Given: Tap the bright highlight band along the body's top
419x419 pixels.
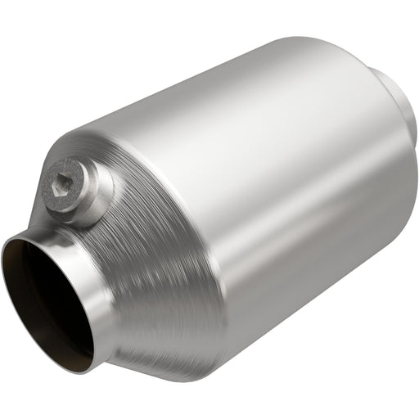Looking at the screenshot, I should [x=246, y=98].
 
